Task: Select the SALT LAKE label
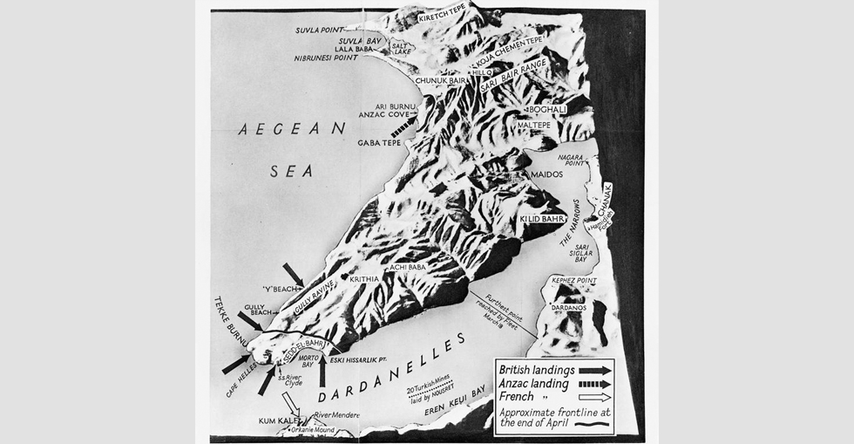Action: pos(402,48)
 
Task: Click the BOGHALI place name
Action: pos(548,110)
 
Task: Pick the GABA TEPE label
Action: pos(378,142)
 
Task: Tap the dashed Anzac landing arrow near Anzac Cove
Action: pos(403,127)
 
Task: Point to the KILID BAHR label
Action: pos(543,219)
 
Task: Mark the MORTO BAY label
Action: pos(301,360)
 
